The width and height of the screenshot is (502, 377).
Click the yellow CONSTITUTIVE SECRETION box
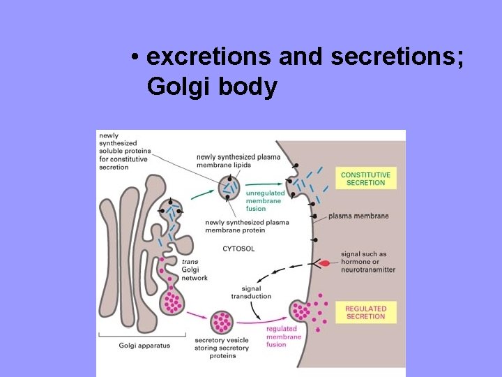(365, 178)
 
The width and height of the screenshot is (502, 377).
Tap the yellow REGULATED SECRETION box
(365, 312)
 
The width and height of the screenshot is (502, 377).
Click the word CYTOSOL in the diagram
(238, 249)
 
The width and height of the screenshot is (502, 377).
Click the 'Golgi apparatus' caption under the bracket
(144, 346)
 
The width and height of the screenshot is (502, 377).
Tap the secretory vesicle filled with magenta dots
(222, 322)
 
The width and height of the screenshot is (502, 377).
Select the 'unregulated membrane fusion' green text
(266, 201)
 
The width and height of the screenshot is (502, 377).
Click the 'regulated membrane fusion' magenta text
(282, 337)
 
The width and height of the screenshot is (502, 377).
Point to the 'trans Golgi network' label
(195, 269)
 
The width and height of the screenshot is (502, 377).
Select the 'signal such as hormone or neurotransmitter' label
(367, 262)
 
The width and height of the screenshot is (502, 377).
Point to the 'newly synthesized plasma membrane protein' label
(247, 226)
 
